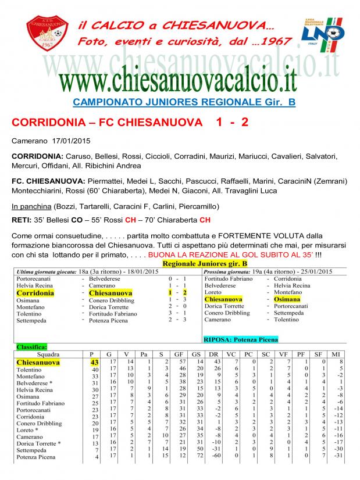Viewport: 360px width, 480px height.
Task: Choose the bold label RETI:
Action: point(22,220)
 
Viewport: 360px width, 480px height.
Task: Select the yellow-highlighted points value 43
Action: point(94,362)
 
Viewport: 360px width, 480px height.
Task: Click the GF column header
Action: point(182,354)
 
